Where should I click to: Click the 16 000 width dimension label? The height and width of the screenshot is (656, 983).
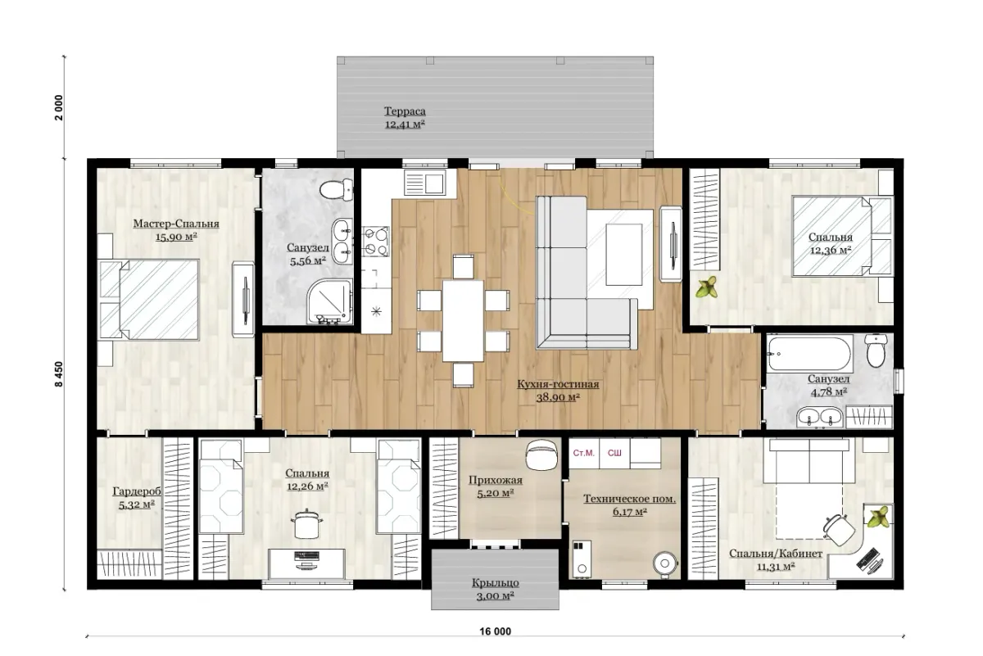[495, 631]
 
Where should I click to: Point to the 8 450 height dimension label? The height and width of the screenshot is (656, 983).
[59, 374]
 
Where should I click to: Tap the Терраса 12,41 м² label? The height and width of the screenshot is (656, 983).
[405, 118]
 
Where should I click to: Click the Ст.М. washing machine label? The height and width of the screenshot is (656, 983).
[583, 453]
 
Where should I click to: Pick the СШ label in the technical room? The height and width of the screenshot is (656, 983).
[614, 453]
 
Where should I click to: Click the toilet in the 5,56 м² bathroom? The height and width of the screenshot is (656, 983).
[336, 190]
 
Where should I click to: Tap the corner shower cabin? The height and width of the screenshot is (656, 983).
[329, 301]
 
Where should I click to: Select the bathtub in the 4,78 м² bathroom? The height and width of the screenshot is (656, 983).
[809, 353]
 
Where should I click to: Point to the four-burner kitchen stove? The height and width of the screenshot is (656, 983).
[376, 241]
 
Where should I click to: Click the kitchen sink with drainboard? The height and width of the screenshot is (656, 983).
[425, 183]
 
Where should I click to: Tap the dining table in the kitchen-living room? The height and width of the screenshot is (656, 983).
[463, 320]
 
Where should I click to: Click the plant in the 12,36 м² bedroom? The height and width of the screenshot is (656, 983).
[706, 287]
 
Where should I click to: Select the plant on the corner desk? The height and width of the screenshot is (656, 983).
[877, 517]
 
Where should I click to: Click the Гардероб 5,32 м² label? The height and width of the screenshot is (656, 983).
[137, 498]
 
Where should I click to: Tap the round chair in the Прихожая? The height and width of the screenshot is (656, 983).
[541, 455]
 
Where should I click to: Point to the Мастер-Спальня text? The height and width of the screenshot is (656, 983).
[176, 224]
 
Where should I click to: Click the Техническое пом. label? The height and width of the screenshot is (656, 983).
[629, 499]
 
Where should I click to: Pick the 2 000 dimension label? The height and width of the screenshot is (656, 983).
[59, 107]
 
